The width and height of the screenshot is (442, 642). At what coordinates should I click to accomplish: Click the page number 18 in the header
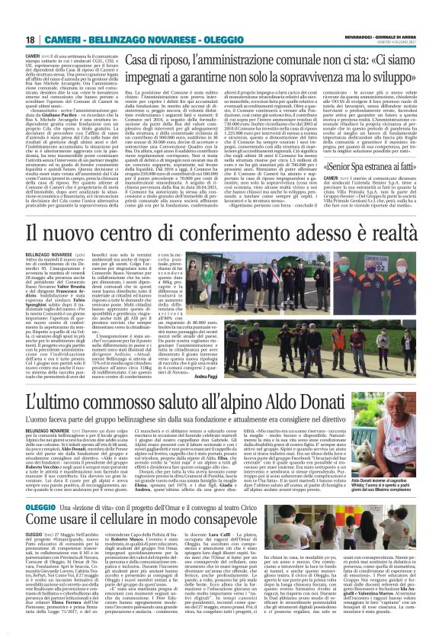[x=30, y=40]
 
